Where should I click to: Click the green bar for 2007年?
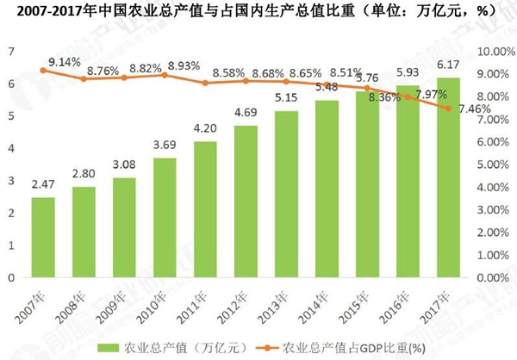43,238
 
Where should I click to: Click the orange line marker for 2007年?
43,71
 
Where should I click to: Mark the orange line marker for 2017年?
448,109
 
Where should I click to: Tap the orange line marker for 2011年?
205,83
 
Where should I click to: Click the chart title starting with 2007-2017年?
258,12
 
